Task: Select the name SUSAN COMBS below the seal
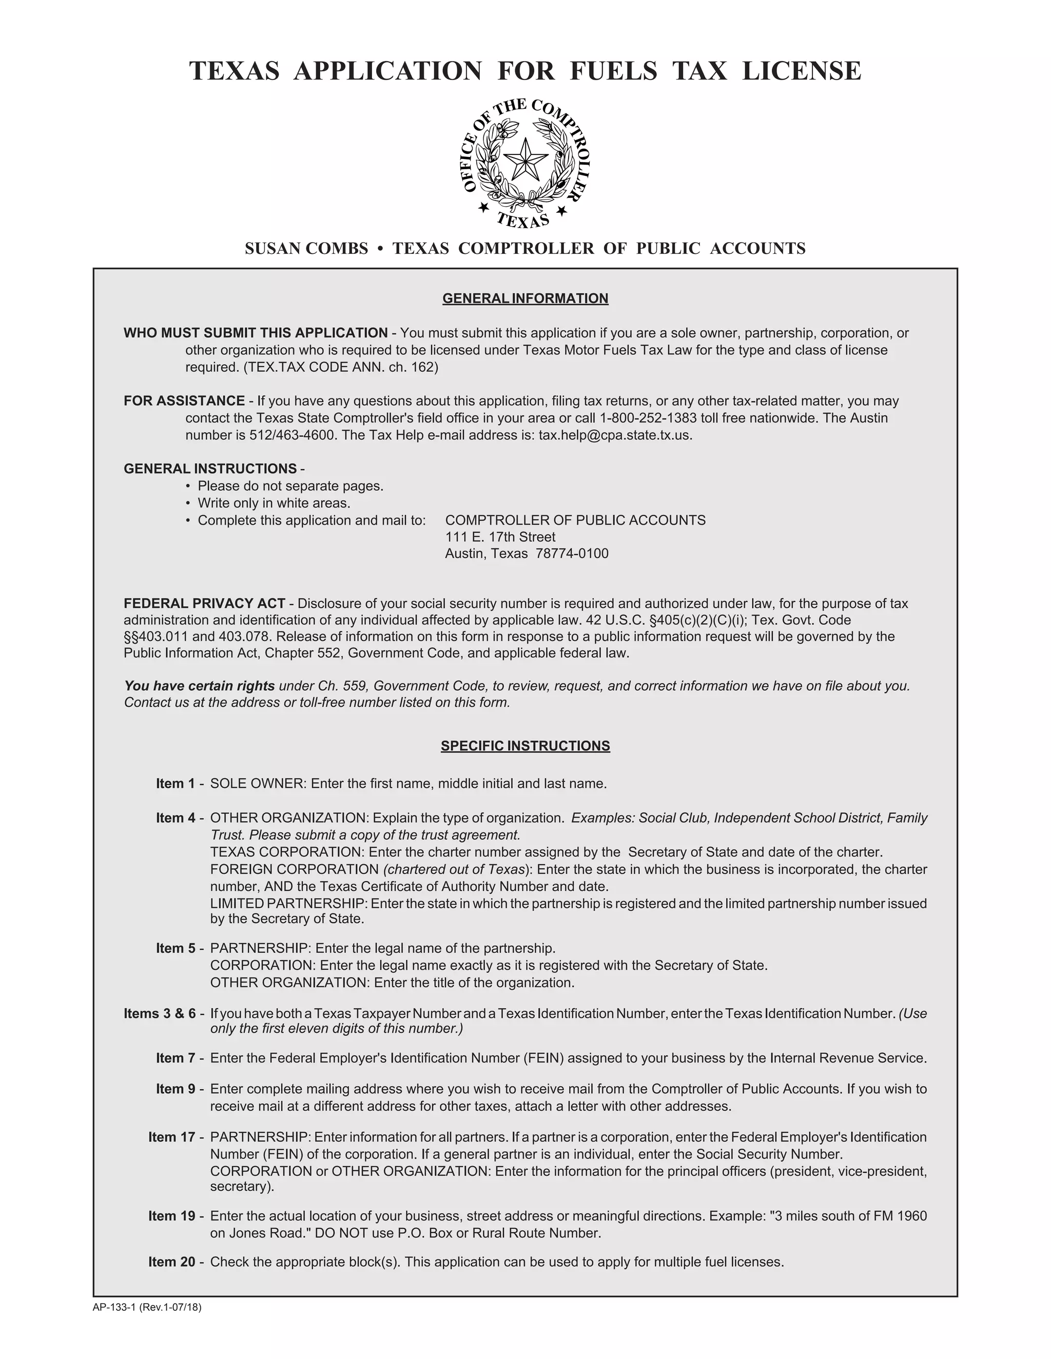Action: point(306,249)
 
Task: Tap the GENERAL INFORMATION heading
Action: point(525,298)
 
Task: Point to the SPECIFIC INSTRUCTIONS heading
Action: point(525,746)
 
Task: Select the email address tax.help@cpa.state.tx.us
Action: point(614,435)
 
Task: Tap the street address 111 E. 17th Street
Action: point(500,537)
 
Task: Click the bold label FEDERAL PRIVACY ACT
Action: point(204,604)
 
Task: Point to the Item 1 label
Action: point(176,784)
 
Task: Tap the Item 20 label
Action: point(172,1262)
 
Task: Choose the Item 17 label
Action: point(172,1137)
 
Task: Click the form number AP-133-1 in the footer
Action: point(114,1307)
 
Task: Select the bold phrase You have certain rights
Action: point(199,686)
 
